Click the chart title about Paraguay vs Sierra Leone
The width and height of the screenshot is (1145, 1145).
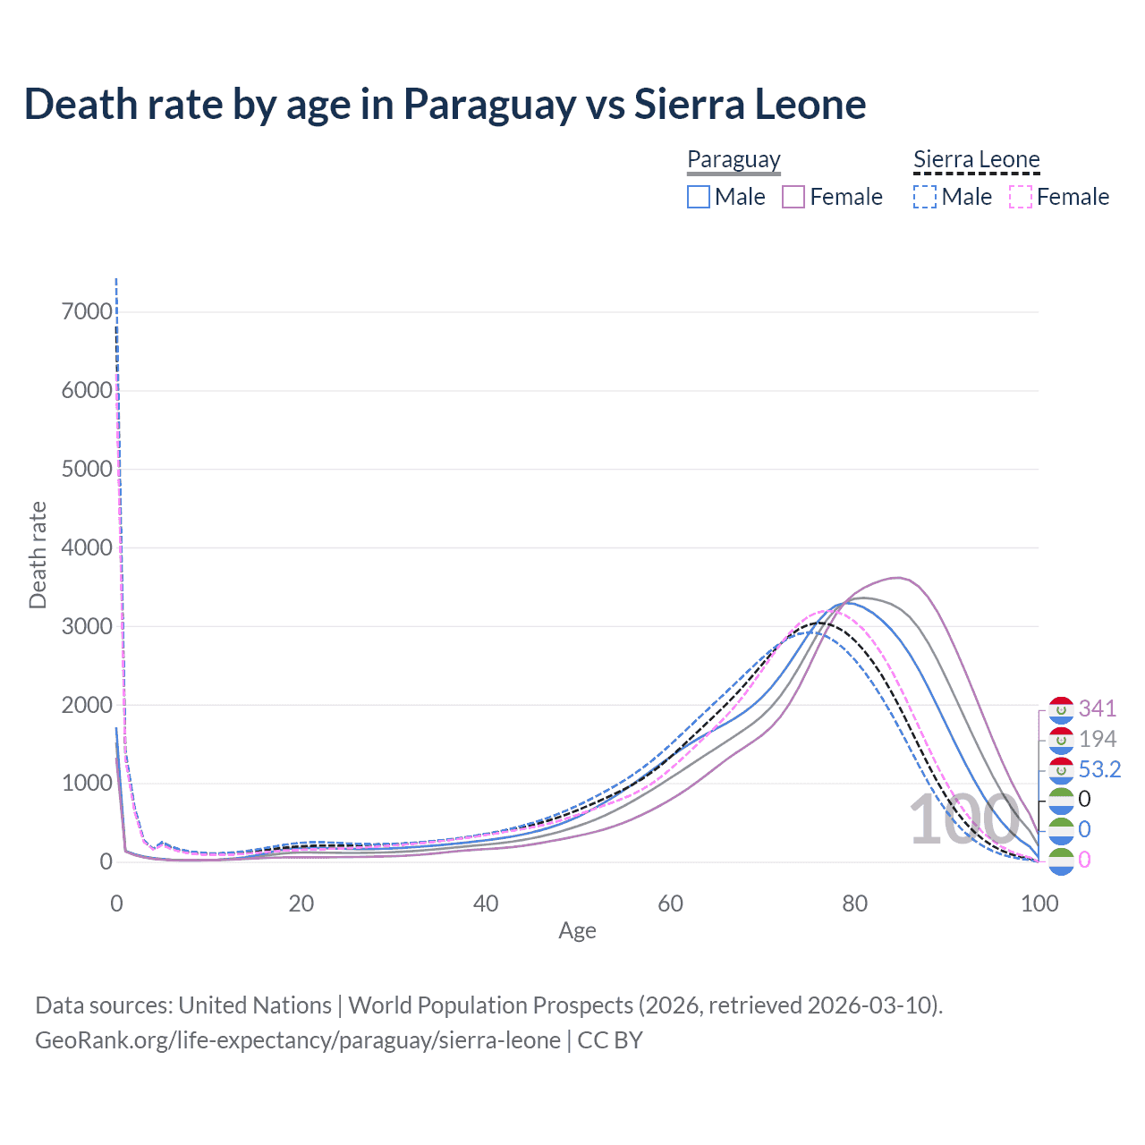pyautogui.click(x=445, y=104)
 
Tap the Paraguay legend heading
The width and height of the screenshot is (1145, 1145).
pyautogui.click(x=734, y=160)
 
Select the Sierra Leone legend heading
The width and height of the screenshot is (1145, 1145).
pyautogui.click(x=976, y=160)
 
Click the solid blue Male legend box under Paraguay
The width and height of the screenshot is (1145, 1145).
pyautogui.click(x=699, y=197)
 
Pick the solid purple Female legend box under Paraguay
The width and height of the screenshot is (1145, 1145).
pyautogui.click(x=794, y=197)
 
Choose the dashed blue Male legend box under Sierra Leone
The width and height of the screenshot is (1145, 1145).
pyautogui.click(x=925, y=197)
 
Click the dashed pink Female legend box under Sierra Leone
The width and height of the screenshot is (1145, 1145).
pyautogui.click(x=1021, y=197)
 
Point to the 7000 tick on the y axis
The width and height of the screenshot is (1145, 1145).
pyautogui.click(x=87, y=312)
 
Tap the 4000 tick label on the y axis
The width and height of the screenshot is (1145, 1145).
pyautogui.click(x=87, y=547)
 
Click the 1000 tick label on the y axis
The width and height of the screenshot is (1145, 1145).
pyautogui.click(x=87, y=784)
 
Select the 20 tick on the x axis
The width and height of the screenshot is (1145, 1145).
pyautogui.click(x=301, y=903)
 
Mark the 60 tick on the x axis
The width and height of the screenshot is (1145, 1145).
pyautogui.click(x=671, y=903)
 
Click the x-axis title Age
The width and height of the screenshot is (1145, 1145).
pyautogui.click(x=577, y=931)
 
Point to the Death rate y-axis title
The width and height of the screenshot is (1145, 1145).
pyautogui.click(x=38, y=555)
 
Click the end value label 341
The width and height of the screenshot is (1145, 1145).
pyautogui.click(x=1098, y=709)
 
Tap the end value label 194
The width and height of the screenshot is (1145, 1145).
pyautogui.click(x=1098, y=740)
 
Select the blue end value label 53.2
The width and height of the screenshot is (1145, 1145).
pyautogui.click(x=1099, y=770)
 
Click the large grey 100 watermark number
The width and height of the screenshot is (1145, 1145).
pyautogui.click(x=963, y=820)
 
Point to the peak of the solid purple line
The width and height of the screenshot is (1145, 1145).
pyautogui.click(x=898, y=578)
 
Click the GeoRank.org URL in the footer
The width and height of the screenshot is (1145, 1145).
pyautogui.click(x=298, y=1040)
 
